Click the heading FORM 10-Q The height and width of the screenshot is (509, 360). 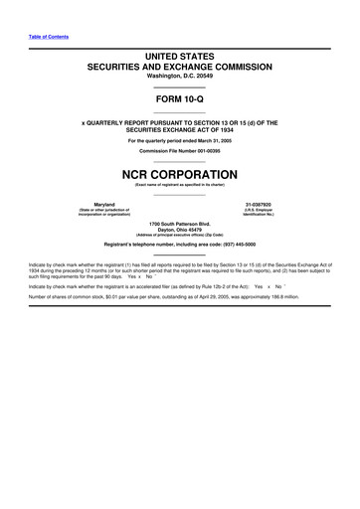pyautogui.click(x=180, y=101)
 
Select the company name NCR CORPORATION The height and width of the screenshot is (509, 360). pyautogui.click(x=180, y=172)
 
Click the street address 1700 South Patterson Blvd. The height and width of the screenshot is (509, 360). pyautogui.click(x=180, y=222)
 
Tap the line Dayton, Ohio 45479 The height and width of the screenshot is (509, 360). pyautogui.click(x=180, y=228)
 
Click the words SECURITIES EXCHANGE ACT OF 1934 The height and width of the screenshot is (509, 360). pyautogui.click(x=180, y=129)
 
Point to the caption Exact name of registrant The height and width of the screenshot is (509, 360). pyautogui.click(x=180, y=184)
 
